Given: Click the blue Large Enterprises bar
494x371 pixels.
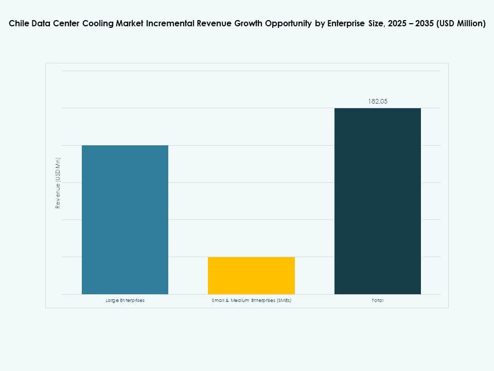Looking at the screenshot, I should point(125,220).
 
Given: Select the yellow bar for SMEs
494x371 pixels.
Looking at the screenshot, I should point(251,275).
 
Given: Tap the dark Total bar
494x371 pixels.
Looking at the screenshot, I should point(377,201).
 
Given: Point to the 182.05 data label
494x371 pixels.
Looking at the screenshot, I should point(377,102).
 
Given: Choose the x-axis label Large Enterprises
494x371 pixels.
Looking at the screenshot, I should point(125,300).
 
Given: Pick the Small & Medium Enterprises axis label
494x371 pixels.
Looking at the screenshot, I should point(251,300).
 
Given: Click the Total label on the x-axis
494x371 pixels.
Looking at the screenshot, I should point(377,300).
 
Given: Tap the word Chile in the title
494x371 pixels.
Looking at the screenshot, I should point(19,24).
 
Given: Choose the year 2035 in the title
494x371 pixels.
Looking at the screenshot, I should point(420,24).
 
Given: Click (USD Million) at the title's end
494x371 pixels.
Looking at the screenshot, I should point(461,24).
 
